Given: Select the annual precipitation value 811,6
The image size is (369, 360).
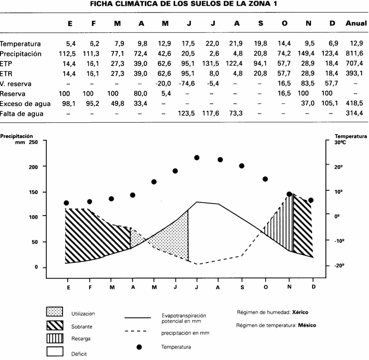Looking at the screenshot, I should pos(356,54).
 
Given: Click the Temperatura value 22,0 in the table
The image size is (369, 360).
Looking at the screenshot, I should pos(213,44).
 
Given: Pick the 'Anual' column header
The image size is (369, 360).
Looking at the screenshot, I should pos(356,24).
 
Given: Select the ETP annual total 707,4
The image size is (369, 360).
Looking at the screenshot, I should pos(356,64).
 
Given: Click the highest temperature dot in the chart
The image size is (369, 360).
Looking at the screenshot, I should pos(197,158).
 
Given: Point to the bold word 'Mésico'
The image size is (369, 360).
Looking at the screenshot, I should pos(307,326).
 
